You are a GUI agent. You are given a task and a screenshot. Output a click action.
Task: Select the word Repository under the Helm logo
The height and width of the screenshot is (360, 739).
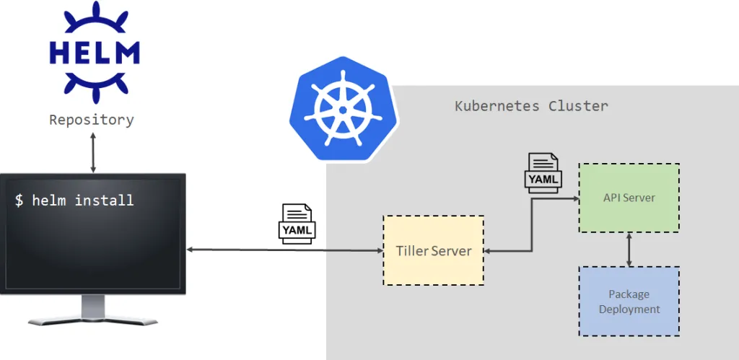(x=92, y=120)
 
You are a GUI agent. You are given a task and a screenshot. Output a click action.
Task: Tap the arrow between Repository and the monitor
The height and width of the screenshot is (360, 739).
(x=93, y=152)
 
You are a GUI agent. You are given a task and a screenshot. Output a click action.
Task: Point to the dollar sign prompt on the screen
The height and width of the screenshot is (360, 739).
(x=19, y=201)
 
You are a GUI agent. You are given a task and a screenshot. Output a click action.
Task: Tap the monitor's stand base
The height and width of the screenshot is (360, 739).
(x=92, y=318)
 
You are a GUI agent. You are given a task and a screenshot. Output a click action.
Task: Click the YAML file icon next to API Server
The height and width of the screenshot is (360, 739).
(x=543, y=173)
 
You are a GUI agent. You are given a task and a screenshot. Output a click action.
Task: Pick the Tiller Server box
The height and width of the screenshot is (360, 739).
(x=433, y=250)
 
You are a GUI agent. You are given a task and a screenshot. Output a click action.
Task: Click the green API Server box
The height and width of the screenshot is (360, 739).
(x=629, y=198)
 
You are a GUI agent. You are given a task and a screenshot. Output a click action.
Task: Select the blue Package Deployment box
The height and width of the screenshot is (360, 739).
(x=629, y=302)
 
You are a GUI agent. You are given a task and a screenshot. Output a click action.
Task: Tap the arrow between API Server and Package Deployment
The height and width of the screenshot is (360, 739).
(x=629, y=250)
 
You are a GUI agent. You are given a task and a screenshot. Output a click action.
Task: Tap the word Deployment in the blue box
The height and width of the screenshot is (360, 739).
(x=629, y=309)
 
